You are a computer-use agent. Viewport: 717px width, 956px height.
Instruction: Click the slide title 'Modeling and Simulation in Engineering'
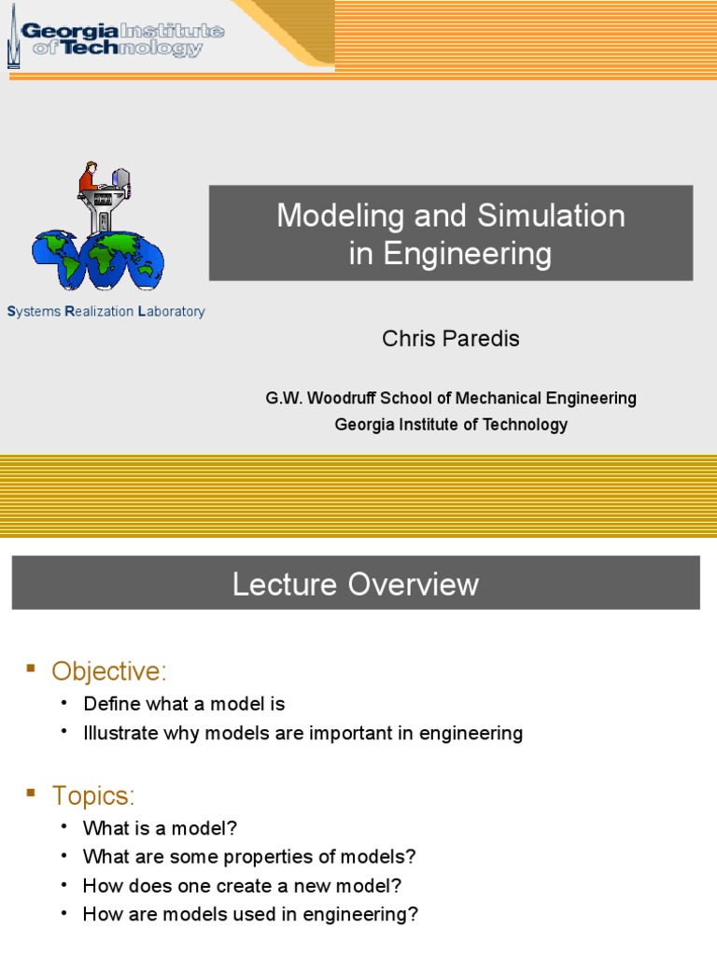tap(450, 234)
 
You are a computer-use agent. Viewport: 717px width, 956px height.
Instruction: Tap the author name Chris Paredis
tap(450, 339)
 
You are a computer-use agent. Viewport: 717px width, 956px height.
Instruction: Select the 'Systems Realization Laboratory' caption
tap(105, 312)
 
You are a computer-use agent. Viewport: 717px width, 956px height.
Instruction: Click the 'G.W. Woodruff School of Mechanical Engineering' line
tap(450, 398)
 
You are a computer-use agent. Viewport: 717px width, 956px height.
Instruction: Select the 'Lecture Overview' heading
tap(355, 584)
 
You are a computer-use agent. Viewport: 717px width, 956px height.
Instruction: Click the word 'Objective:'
tap(108, 670)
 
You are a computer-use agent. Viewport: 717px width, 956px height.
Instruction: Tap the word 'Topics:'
tap(93, 795)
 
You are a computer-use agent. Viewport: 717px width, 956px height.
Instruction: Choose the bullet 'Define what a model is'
tap(184, 704)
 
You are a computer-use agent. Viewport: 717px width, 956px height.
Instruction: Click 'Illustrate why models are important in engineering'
tap(302, 733)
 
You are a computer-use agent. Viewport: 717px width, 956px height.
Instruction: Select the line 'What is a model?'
tap(160, 828)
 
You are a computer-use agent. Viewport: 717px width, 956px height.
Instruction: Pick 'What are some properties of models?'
tap(248, 856)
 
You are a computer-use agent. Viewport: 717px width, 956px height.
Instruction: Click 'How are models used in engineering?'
tap(250, 915)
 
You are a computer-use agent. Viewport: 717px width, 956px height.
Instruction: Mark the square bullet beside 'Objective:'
tap(31, 668)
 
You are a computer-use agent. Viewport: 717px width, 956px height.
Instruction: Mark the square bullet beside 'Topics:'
tap(31, 794)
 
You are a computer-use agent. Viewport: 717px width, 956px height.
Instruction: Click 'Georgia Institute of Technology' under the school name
tap(450, 425)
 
